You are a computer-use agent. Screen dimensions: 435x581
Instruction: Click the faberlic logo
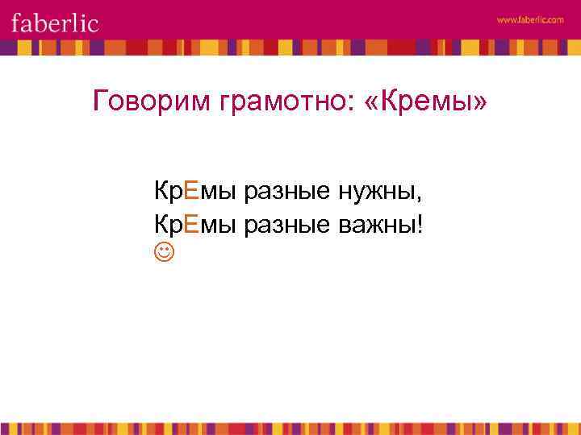coord(55,22)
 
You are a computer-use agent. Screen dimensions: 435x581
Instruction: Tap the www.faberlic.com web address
coord(530,20)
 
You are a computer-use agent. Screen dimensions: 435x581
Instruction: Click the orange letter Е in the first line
coord(190,192)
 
